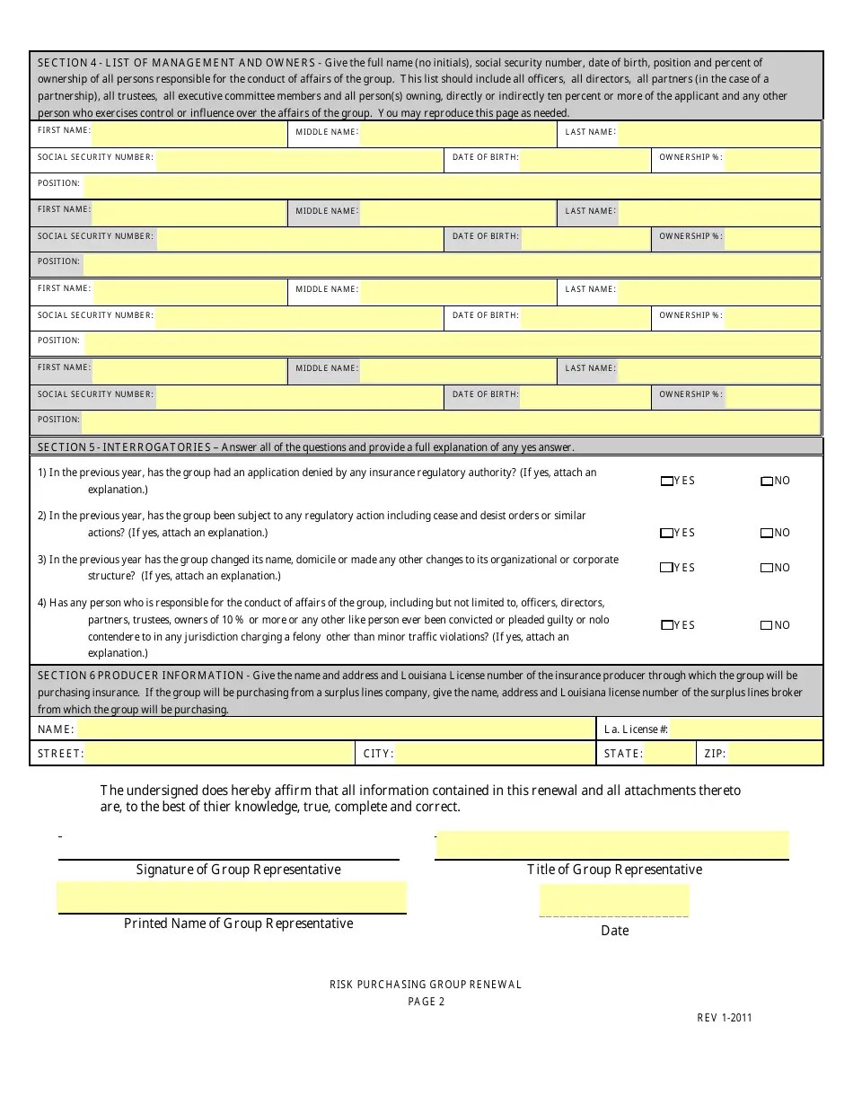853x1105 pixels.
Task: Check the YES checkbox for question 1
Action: tap(666, 482)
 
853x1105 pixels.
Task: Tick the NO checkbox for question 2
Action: tap(766, 534)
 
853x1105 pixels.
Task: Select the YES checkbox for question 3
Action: tap(666, 568)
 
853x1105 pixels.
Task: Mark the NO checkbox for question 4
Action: tap(766, 625)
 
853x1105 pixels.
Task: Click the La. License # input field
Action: tap(745, 729)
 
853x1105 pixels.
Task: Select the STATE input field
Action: tap(669, 754)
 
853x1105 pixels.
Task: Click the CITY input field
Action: tap(494, 754)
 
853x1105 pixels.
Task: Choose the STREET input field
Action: tap(219, 754)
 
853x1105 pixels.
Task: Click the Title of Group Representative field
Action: tap(612, 845)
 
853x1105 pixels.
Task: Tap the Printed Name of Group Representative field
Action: tap(232, 897)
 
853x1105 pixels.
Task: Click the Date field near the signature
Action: tap(614, 899)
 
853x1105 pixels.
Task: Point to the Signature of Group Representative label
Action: tap(238, 870)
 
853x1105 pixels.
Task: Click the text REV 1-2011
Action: tap(724, 1018)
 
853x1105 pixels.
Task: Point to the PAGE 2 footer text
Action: tap(426, 1002)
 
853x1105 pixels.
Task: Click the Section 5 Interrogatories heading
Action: tap(124, 447)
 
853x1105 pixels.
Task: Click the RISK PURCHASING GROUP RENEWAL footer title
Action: tap(426, 985)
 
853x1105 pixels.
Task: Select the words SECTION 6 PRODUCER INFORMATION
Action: tap(140, 676)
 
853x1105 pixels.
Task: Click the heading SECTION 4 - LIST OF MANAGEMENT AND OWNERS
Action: tap(175, 63)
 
